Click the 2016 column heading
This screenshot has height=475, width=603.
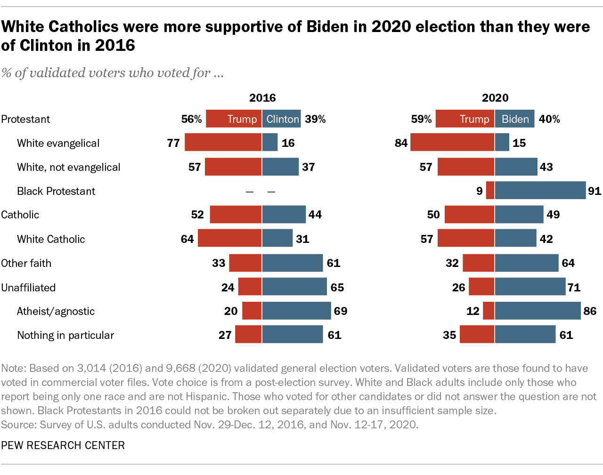[262, 98]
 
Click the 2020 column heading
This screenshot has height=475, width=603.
[495, 98]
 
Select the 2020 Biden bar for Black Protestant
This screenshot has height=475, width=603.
[540, 191]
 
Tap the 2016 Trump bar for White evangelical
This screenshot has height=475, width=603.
[223, 143]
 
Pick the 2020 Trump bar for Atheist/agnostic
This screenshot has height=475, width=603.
[489, 311]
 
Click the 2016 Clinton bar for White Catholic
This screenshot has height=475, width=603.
[277, 239]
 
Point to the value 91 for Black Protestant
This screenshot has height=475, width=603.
[595, 191]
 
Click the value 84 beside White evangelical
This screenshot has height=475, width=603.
[401, 143]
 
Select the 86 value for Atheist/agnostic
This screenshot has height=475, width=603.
[590, 311]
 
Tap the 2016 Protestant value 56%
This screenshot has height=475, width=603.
[191, 119]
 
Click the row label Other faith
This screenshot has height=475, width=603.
[26, 263]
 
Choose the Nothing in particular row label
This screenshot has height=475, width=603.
[65, 335]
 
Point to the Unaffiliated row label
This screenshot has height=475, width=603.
[28, 287]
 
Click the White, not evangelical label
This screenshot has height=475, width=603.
[69, 167]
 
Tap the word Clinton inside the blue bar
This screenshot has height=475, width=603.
[283, 119]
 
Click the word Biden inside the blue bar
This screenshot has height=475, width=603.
[515, 119]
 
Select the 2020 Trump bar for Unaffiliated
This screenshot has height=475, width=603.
[481, 287]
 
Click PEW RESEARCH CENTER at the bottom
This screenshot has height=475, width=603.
[63, 445]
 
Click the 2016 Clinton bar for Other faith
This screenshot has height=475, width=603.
[293, 263]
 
